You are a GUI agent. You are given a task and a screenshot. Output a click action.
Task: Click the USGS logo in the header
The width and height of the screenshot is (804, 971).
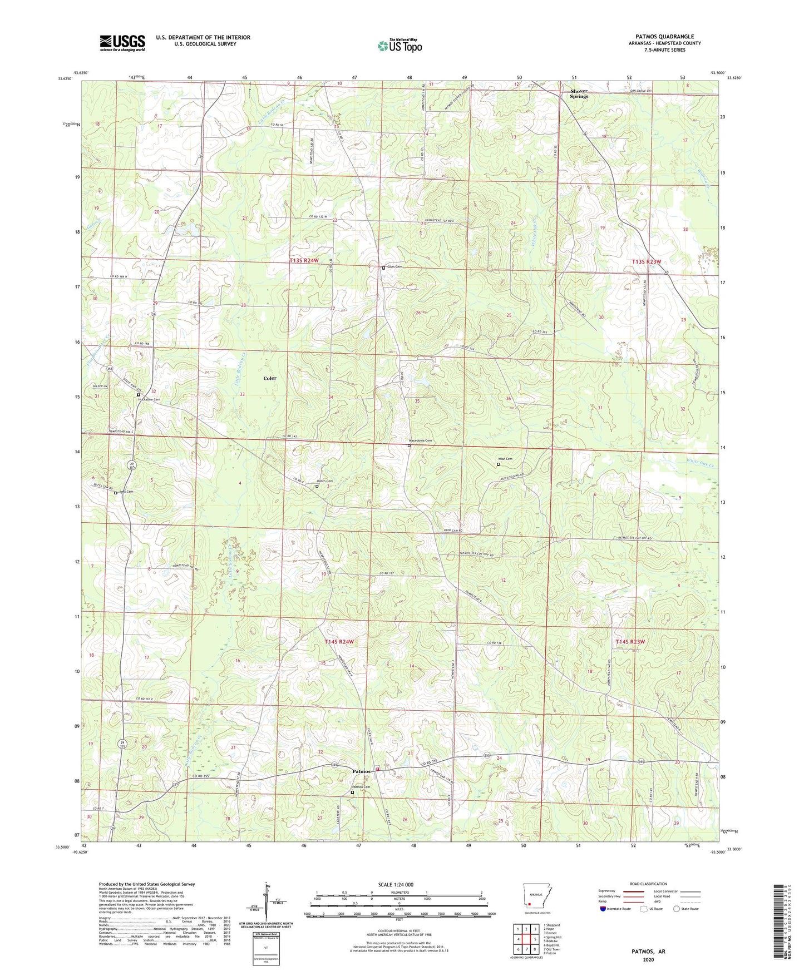coord(122,43)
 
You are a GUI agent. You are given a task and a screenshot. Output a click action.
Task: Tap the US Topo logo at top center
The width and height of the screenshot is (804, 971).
coord(399,46)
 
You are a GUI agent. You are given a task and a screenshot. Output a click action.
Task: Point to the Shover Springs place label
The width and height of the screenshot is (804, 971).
coord(579,94)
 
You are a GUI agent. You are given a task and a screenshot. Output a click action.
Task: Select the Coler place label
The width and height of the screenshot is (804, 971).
coord(270,378)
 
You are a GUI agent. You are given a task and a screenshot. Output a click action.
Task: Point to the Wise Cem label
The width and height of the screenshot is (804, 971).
coord(505,459)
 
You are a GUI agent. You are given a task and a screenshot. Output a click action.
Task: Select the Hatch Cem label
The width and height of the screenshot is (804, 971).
coord(324,481)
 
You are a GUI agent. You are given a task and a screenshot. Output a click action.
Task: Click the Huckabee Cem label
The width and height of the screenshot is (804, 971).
coord(149,399)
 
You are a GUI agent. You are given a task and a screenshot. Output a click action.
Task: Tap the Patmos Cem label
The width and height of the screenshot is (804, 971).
coord(361,787)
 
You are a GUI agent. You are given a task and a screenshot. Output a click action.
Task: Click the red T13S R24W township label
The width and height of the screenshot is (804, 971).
coord(304,260)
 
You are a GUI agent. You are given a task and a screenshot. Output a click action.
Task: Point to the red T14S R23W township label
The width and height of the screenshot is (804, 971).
coord(630,642)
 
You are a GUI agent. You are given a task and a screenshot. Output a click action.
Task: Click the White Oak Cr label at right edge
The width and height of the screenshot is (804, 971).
coord(699,461)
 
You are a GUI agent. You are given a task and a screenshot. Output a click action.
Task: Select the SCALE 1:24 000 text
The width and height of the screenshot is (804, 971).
coord(396,884)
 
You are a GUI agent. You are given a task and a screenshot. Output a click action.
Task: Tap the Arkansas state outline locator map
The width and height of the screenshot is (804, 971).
coord(536,896)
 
